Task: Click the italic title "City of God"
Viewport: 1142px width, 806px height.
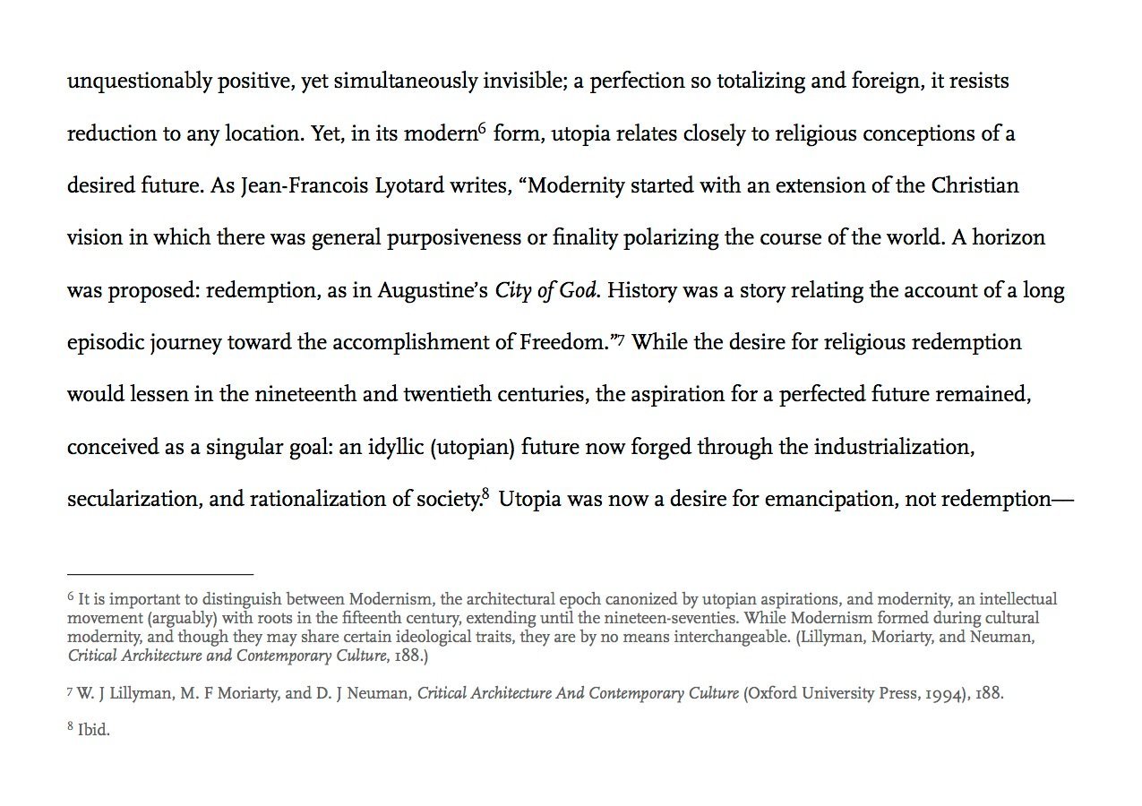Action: (545, 291)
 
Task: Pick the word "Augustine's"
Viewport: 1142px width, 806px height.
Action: (432, 291)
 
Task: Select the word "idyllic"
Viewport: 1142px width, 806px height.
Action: (394, 447)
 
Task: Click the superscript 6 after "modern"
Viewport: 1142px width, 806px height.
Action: (482, 130)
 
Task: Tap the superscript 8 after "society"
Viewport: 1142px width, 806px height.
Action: (485, 494)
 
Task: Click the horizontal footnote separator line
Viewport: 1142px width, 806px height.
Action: (160, 573)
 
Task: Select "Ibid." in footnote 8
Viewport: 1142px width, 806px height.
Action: (94, 731)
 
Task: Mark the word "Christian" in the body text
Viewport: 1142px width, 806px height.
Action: (975, 186)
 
